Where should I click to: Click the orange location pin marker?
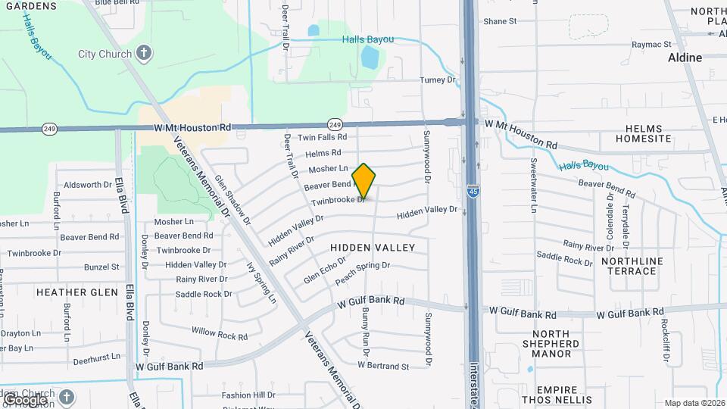coord(364,182)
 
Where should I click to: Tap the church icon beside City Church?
coord(144,54)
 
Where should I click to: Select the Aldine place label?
coord(685,58)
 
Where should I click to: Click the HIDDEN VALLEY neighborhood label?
coord(373,248)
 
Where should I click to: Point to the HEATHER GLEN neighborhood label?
coord(77,292)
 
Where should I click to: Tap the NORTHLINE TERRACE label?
coord(629,266)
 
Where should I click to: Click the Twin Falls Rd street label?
coord(322,138)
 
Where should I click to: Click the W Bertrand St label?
coord(383,367)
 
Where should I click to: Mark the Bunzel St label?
coord(101,267)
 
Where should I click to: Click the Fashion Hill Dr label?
coord(248,395)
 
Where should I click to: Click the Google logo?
coord(24,399)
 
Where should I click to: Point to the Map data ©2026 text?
coord(693,403)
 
